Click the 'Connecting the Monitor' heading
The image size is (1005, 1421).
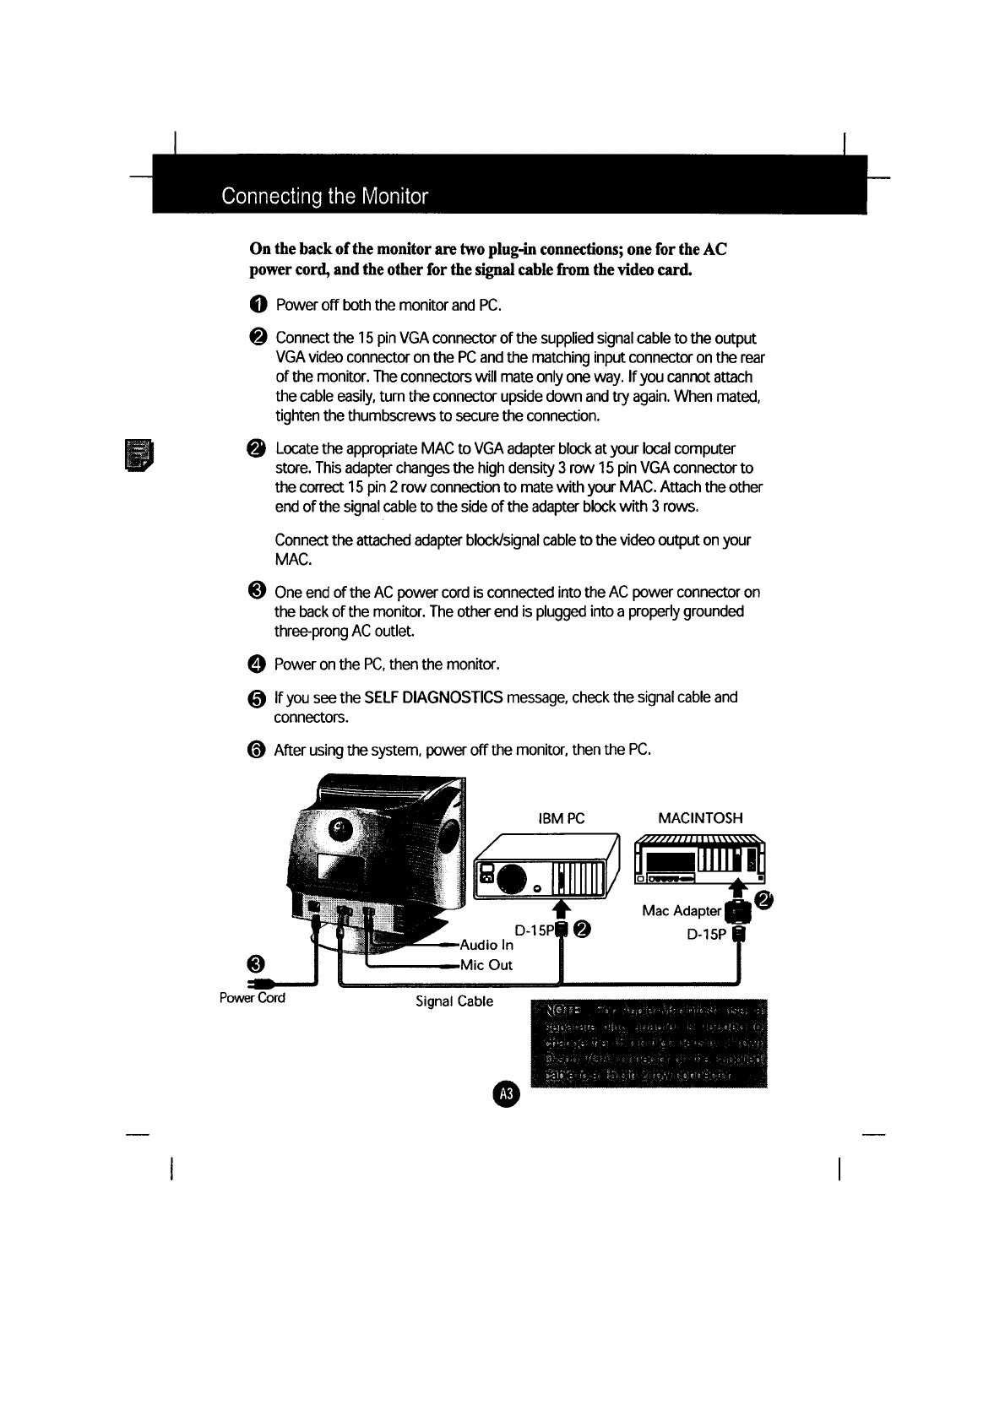(x=324, y=197)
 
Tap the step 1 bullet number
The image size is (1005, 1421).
(x=258, y=304)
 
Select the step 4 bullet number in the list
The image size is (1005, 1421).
(x=258, y=664)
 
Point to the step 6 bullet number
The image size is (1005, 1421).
(x=258, y=750)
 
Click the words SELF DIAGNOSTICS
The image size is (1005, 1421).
(x=433, y=697)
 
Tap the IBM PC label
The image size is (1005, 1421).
(x=561, y=818)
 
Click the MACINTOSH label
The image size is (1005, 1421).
(x=700, y=818)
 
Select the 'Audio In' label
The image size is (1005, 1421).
(x=486, y=945)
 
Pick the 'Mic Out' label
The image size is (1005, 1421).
(x=486, y=965)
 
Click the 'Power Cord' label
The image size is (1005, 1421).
(x=252, y=998)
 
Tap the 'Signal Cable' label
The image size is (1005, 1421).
(x=454, y=1001)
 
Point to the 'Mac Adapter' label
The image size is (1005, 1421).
(x=682, y=911)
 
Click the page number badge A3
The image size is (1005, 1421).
(x=507, y=1093)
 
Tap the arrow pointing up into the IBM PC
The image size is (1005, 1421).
(x=558, y=908)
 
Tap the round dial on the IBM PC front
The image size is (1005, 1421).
(x=513, y=879)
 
